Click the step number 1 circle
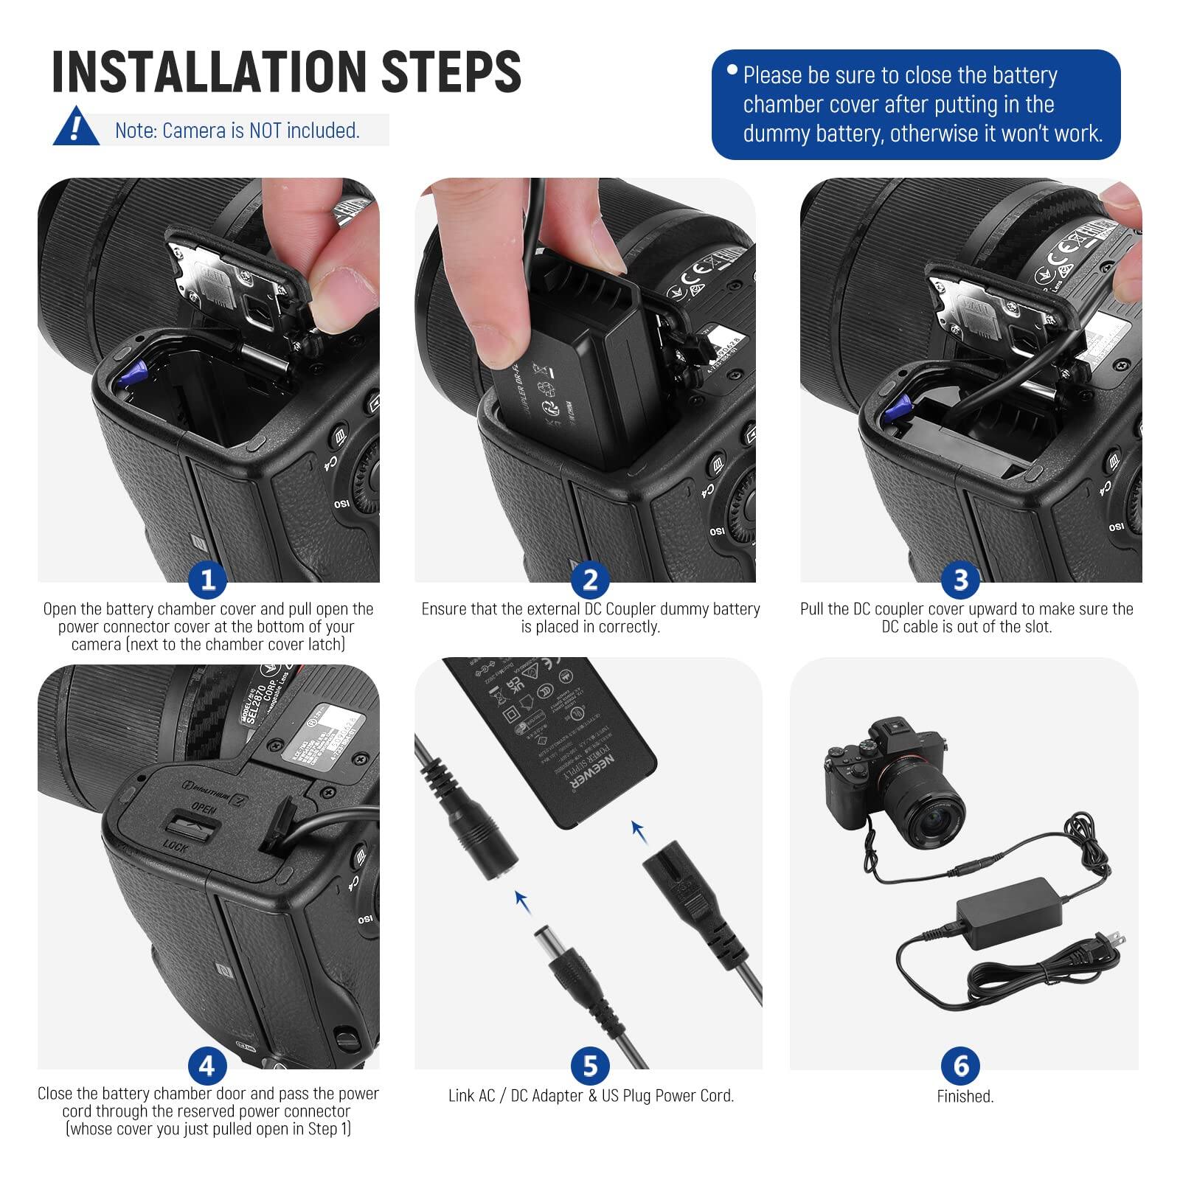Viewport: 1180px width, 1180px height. [x=207, y=580]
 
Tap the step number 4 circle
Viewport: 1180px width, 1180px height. [x=207, y=1066]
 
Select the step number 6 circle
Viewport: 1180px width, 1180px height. [x=960, y=1066]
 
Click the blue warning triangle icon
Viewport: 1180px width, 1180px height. [x=75, y=128]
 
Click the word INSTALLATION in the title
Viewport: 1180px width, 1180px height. [x=209, y=72]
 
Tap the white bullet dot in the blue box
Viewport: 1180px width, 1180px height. [x=732, y=70]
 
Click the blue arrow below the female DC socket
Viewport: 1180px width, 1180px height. [x=523, y=900]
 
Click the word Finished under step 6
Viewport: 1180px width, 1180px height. [x=965, y=1097]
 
